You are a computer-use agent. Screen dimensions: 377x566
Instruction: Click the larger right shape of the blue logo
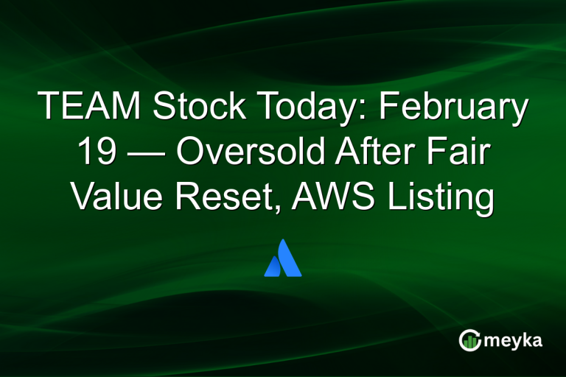[x=289, y=259]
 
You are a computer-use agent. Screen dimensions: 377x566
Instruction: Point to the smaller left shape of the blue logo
[x=272, y=267]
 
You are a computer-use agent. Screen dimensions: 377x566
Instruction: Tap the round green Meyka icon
[x=469, y=340]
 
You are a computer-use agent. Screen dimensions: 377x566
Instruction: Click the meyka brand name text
[x=514, y=341]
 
